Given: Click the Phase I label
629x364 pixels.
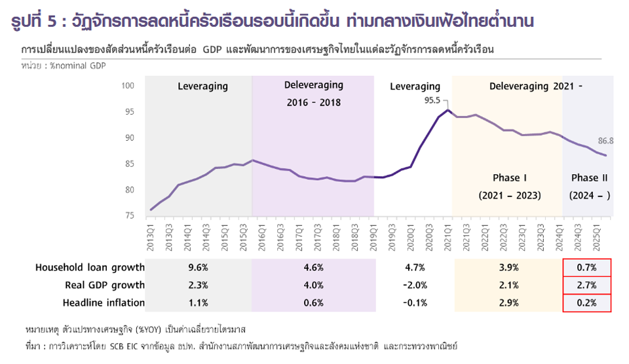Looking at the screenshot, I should point(509,177).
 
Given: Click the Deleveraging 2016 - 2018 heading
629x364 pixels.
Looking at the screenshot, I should point(313,94).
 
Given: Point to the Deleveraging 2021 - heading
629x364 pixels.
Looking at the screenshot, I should point(535,86).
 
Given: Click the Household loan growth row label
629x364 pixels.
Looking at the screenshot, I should point(90,267).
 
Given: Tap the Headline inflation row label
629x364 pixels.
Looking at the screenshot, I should point(104,302).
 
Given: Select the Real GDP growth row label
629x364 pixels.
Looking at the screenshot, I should point(105,285).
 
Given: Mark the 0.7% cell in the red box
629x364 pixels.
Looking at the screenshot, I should point(586,267).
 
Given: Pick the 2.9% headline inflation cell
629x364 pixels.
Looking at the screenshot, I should point(508,302).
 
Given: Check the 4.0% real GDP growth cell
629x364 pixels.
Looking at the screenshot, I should point(313,285).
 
